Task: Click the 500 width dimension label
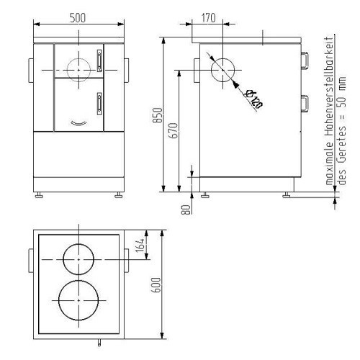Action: pos(78,18)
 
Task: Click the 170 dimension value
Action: pos(208,18)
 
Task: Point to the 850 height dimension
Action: pos(158,115)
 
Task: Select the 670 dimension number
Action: pos(174,130)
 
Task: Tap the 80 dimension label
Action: pos(186,210)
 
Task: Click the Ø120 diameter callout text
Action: pos(253,99)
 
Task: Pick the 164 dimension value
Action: pos(140,246)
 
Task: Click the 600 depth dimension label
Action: pos(156,284)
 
